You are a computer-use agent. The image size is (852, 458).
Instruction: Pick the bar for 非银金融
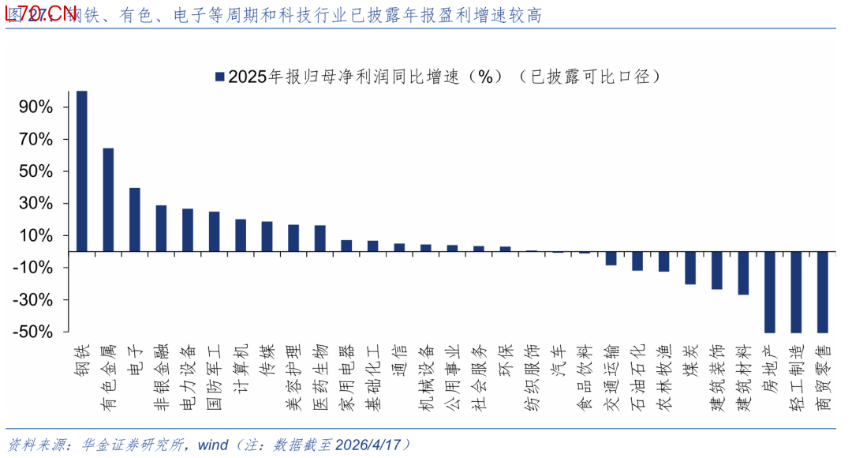161,228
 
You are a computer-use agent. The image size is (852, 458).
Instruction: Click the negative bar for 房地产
770,292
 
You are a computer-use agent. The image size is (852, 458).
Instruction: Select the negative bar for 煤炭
690,268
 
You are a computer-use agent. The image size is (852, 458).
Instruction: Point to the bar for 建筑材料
743,273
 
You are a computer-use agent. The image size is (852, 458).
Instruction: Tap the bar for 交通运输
611,258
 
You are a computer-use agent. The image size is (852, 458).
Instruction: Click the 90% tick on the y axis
36,107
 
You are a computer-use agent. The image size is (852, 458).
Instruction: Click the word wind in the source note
212,445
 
